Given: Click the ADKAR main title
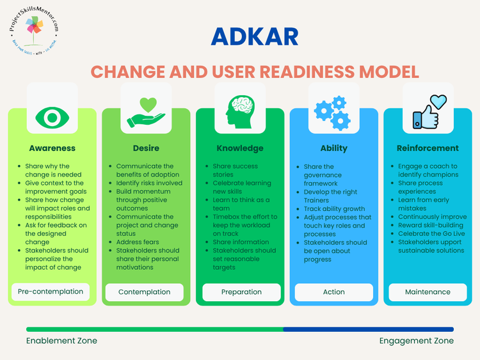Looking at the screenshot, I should [x=255, y=36].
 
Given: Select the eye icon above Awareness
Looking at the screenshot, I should [x=52, y=116].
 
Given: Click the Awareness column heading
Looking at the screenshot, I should [x=52, y=148].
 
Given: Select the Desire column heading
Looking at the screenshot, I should [x=146, y=148].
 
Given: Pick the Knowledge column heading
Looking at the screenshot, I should [x=240, y=148].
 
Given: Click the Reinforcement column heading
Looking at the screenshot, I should [x=428, y=148].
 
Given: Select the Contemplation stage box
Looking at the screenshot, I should [x=145, y=292].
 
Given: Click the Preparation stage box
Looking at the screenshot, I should [x=241, y=292].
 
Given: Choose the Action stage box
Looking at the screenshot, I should [x=333, y=292].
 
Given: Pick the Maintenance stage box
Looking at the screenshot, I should [x=428, y=292].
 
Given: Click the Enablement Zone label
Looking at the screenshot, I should [x=61, y=341].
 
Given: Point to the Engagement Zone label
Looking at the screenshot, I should [x=416, y=341].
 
